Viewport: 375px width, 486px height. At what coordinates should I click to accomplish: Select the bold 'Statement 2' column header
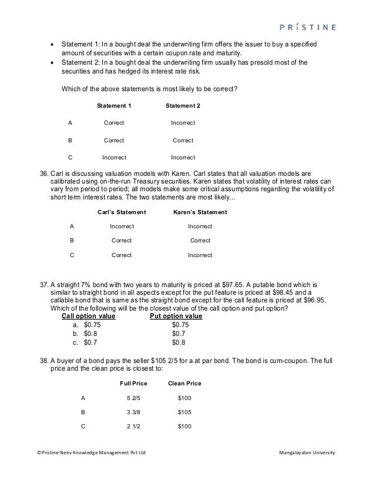183,106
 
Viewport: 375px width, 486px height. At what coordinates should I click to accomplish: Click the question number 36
42,174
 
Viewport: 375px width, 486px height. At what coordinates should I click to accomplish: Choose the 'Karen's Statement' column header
200,212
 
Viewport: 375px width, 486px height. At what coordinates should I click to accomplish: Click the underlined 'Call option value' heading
88,316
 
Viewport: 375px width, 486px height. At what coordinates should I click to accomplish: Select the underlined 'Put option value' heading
176,316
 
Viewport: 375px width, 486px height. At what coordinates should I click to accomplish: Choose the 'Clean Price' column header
185,384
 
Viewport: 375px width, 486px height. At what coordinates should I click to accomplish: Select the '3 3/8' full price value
133,412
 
